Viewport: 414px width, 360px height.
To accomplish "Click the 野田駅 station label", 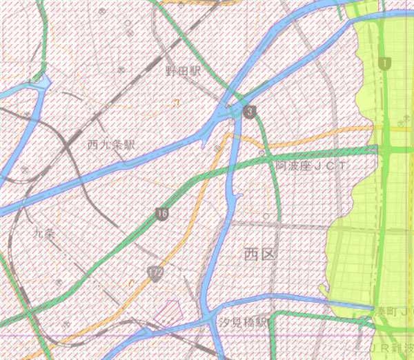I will click(x=182, y=71).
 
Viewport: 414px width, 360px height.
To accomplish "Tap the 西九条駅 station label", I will click(x=111, y=145).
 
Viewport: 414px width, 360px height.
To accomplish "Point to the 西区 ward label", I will click(x=259, y=254).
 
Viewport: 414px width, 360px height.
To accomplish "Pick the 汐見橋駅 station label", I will click(x=242, y=322).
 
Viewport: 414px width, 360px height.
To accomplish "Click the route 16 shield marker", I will click(x=162, y=214).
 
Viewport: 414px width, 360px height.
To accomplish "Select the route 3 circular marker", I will click(x=250, y=111).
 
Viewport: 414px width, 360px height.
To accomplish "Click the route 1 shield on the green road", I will click(x=384, y=63).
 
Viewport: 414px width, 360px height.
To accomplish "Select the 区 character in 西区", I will click(x=268, y=254).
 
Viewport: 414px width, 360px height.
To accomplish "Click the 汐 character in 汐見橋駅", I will click(x=223, y=322).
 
